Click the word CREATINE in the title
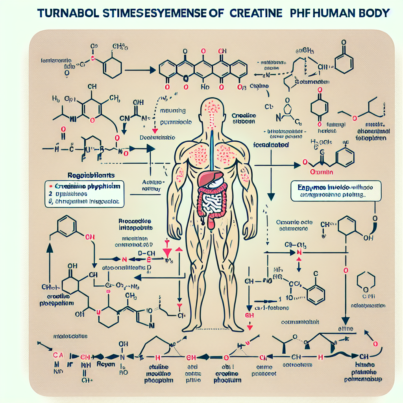point(251,13)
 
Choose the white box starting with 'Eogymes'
point(336,191)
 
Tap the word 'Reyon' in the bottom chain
point(107,364)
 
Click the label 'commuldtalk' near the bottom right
point(300,322)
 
